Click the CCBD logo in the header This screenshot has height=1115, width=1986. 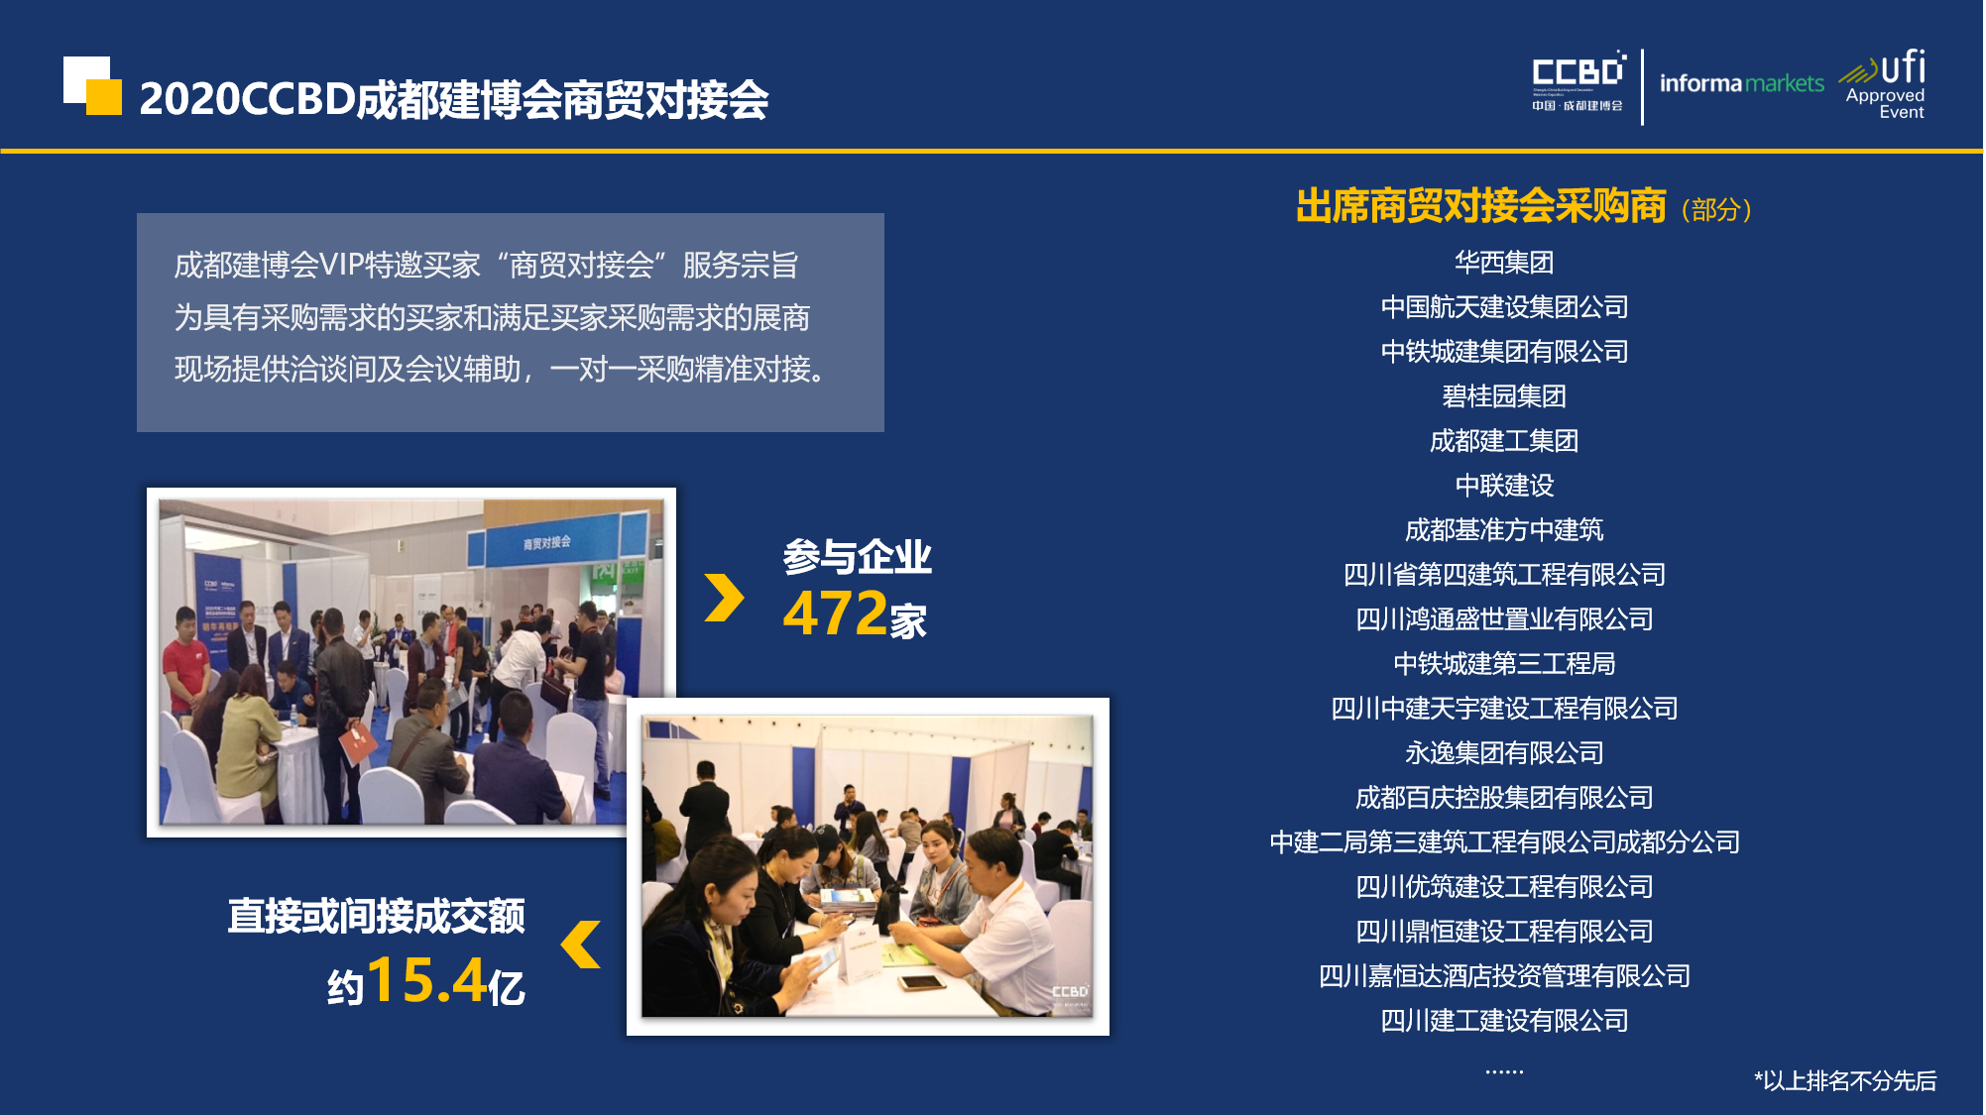coord(1577,81)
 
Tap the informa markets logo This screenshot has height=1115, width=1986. coord(1741,83)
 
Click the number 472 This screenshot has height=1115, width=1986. coord(835,613)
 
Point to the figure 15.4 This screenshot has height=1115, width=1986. coord(426,980)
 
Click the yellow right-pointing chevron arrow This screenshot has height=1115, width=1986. coord(724,598)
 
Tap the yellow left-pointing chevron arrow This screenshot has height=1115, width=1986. coord(582,944)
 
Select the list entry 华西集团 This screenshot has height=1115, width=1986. coord(1503,263)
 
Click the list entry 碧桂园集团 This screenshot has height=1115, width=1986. coord(1503,396)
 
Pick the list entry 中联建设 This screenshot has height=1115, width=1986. coord(1503,486)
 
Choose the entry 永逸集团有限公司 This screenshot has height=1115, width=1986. coord(1503,753)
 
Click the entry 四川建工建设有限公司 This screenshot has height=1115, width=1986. coord(1503,1021)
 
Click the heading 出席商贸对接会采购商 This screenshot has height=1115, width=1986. coord(1480,206)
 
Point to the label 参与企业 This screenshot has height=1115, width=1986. coord(857,557)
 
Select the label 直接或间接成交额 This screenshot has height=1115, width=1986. coord(376,916)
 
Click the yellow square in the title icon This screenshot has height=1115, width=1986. coord(105,97)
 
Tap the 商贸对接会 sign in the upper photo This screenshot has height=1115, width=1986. coord(547,542)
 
